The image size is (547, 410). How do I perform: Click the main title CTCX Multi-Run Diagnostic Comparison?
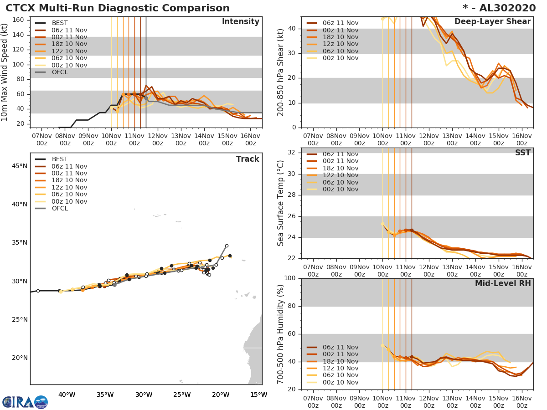click(118, 8)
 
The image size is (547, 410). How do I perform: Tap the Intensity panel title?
click(240, 22)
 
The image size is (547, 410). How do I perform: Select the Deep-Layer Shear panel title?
click(492, 22)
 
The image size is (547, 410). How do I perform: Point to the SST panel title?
click(522, 153)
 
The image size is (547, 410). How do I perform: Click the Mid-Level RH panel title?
click(503, 284)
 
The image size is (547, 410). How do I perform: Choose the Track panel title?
click(247, 159)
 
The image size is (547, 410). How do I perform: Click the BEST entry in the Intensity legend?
click(60, 23)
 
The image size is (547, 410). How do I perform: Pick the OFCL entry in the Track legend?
click(60, 208)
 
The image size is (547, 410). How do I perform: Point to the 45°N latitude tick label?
click(19, 166)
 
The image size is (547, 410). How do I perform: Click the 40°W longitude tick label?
click(67, 395)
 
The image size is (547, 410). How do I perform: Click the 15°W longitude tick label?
click(258, 395)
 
